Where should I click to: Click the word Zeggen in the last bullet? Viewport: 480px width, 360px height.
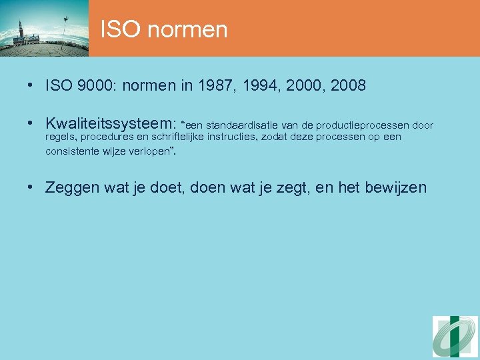73,188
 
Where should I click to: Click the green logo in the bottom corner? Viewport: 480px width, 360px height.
455,336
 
